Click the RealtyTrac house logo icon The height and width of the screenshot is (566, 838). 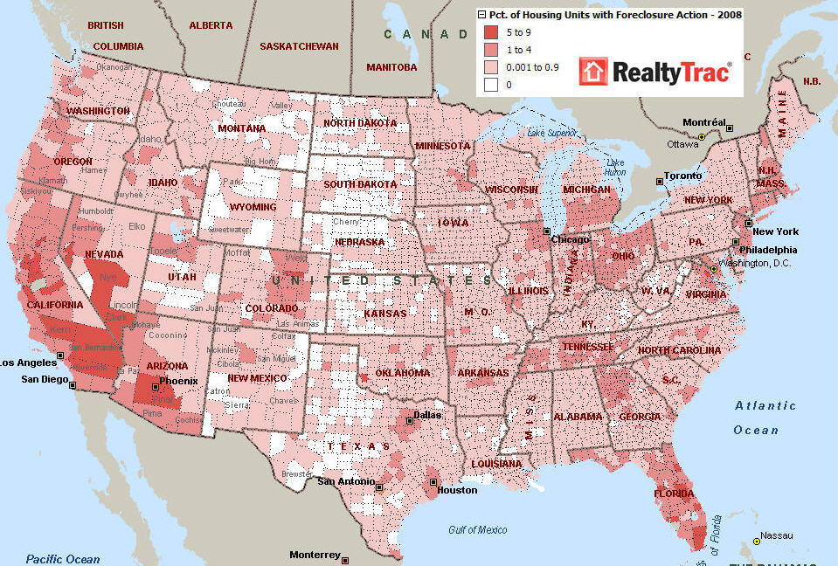594,72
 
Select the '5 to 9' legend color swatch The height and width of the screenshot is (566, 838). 492,31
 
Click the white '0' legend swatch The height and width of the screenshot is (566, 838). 492,85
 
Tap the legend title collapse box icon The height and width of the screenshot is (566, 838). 481,14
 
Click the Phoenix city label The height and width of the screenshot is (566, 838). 178,381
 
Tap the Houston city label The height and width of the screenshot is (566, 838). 457,490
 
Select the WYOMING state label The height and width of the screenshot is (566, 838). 253,207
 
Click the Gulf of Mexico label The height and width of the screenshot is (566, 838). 477,530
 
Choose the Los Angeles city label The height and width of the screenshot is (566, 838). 29,362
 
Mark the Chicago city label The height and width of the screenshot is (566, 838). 570,239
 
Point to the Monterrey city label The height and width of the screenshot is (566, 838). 314,555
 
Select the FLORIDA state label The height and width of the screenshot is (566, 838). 675,494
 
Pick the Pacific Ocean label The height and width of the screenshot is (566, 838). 63,559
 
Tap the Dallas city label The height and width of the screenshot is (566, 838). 427,415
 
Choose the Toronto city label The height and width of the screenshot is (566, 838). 683,176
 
